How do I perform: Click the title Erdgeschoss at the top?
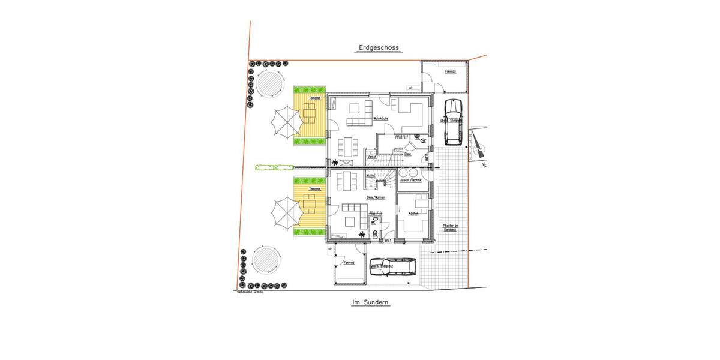coord(379,48)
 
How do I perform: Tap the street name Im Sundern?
coord(371,303)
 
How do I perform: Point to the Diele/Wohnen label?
coord(376,197)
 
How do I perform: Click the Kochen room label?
coord(413,214)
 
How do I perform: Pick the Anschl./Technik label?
coord(411,181)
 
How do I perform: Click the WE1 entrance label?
coord(388,240)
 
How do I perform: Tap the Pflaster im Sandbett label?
coord(450,227)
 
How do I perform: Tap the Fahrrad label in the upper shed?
coord(450,72)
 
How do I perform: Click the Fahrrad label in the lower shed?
coord(349,263)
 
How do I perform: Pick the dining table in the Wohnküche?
coord(348,146)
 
